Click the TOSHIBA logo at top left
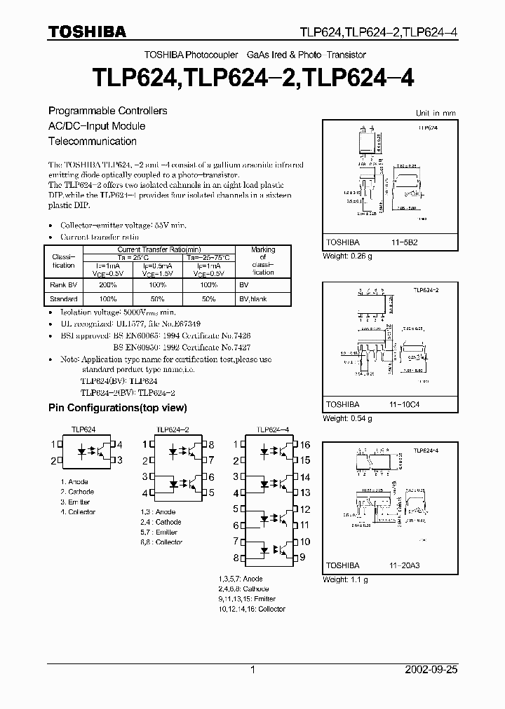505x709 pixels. [87, 32]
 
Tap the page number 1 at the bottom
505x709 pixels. [252, 670]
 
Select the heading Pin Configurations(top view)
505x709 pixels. [117, 408]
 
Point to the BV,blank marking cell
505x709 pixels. [253, 299]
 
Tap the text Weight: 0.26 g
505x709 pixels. [347, 256]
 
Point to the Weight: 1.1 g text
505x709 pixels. [345, 579]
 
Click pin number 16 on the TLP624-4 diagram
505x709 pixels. [304, 444]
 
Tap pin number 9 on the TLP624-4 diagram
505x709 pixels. [303, 558]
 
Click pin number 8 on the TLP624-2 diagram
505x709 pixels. [210, 444]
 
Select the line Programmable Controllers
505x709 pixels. [107, 111]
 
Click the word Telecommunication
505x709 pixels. [92, 141]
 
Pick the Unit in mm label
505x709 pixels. [435, 113]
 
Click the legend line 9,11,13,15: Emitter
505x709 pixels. [247, 599]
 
